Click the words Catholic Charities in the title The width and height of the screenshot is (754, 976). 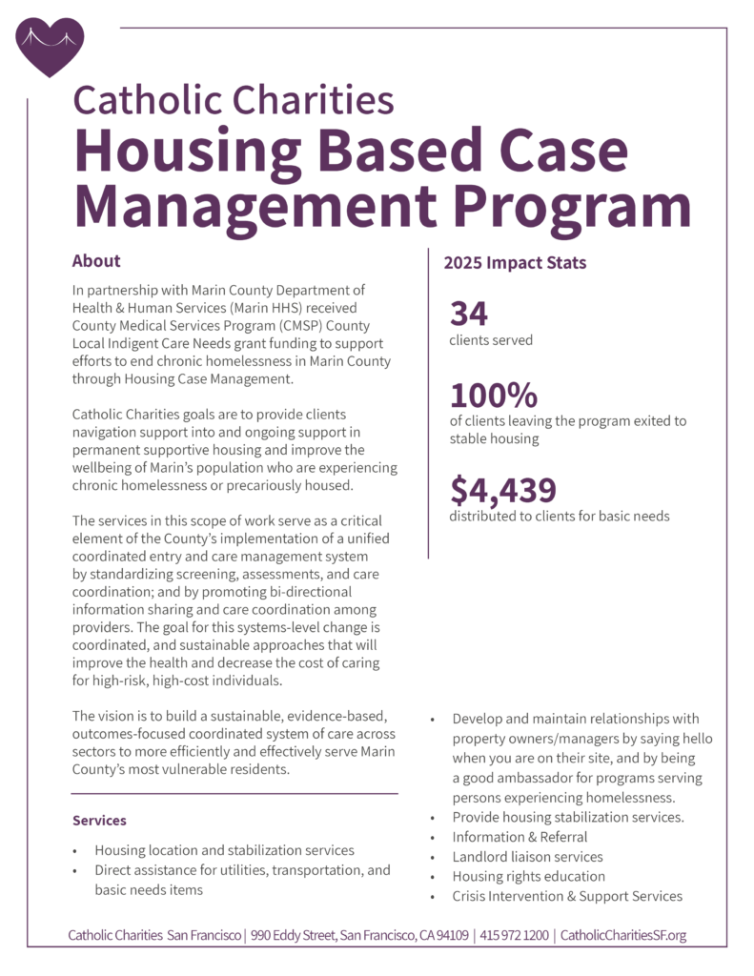[233, 98]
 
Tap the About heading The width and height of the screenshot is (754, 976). [96, 261]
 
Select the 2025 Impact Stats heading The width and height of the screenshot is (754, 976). [515, 262]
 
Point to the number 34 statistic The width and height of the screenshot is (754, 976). [469, 314]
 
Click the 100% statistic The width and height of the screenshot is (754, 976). [494, 395]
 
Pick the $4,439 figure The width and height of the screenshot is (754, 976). [503, 490]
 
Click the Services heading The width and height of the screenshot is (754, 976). [99, 820]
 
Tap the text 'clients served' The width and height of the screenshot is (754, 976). [491, 339]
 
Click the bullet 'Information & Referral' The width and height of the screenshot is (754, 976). [520, 837]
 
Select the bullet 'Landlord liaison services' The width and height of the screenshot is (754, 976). [527, 857]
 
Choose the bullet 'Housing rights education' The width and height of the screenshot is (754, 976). [528, 876]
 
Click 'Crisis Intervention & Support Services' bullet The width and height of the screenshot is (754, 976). [567, 896]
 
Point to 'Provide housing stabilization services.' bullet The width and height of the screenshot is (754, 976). [566, 818]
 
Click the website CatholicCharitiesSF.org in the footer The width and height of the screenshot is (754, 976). [622, 935]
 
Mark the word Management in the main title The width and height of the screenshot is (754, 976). [254, 203]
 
